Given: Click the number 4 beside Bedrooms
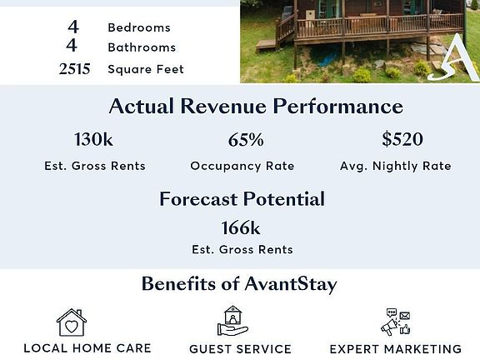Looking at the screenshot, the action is tap(73, 27).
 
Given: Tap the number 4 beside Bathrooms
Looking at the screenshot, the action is tap(72, 46).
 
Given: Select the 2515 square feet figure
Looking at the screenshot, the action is tap(74, 69).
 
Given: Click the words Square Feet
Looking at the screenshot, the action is tap(146, 69).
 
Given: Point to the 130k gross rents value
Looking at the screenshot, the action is tap(93, 139).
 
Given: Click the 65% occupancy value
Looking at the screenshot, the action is tap(246, 140).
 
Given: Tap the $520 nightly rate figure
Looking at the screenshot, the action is tap(402, 138).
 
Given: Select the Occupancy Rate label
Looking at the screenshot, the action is tap(242, 166).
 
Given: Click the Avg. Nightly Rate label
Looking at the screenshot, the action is tap(396, 166).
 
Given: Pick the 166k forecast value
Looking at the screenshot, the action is tap(241, 228).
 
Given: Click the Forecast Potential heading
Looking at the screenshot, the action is tap(242, 199).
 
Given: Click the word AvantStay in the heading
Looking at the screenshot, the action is tap(291, 284).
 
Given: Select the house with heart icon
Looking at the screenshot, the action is tap(72, 322).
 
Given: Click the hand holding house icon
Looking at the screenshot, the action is tap(232, 321).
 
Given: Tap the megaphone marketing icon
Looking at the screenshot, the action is tap(396, 322).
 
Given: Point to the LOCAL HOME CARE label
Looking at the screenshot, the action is tap(87, 348).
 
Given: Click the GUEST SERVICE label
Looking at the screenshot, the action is tap(240, 349).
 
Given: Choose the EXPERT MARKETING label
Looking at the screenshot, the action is tap(396, 349).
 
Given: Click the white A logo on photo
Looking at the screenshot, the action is tap(455, 58).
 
